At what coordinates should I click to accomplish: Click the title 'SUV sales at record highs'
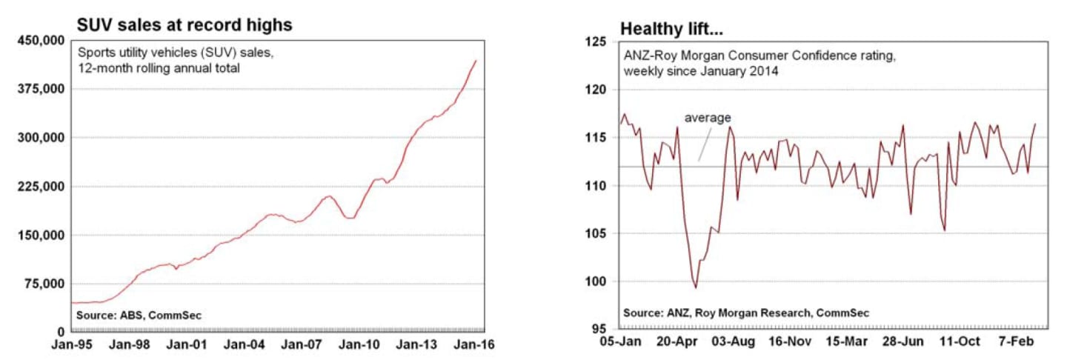click(185, 24)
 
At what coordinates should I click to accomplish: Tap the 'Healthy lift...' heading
click(671, 29)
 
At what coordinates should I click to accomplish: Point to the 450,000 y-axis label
click(41, 41)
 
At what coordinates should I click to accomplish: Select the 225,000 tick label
click(41, 186)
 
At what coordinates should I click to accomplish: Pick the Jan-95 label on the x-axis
click(72, 344)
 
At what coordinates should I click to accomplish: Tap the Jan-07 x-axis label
click(302, 344)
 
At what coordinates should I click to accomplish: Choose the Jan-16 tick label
click(474, 344)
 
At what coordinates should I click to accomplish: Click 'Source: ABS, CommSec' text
click(139, 316)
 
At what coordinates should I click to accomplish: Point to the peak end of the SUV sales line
click(476, 61)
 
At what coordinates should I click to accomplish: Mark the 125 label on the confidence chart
click(596, 42)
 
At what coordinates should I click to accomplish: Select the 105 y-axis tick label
click(596, 233)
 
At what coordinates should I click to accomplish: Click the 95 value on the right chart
click(599, 329)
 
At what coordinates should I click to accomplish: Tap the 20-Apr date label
click(677, 341)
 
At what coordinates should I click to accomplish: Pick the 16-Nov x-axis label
click(790, 341)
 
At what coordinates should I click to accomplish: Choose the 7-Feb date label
click(1016, 341)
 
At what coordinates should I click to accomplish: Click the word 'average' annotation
click(708, 118)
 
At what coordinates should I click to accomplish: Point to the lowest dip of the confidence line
click(696, 287)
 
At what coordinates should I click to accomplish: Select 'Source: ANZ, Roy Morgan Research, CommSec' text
click(746, 313)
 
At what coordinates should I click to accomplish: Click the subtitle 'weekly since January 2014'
click(701, 71)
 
